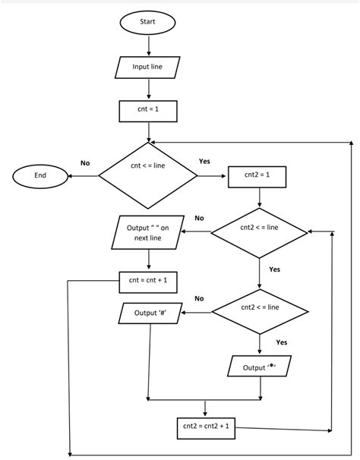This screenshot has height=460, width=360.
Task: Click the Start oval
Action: point(147,22)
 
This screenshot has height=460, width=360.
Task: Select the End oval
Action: point(40,175)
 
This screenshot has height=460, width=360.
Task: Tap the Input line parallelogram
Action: point(147,67)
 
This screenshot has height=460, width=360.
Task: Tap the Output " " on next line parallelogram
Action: point(148,232)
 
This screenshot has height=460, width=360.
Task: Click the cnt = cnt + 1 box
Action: point(148,280)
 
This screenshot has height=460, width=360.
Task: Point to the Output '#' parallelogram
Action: point(150,313)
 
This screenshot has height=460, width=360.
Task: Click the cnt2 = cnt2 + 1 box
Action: point(205,427)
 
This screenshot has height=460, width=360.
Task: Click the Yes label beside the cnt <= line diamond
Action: point(204,162)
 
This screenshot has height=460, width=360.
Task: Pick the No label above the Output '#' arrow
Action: point(199,298)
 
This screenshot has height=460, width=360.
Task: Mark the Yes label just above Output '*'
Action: point(281,342)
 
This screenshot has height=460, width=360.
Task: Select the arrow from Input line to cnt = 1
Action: point(147,89)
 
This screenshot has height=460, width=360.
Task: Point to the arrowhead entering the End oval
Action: point(72,175)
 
